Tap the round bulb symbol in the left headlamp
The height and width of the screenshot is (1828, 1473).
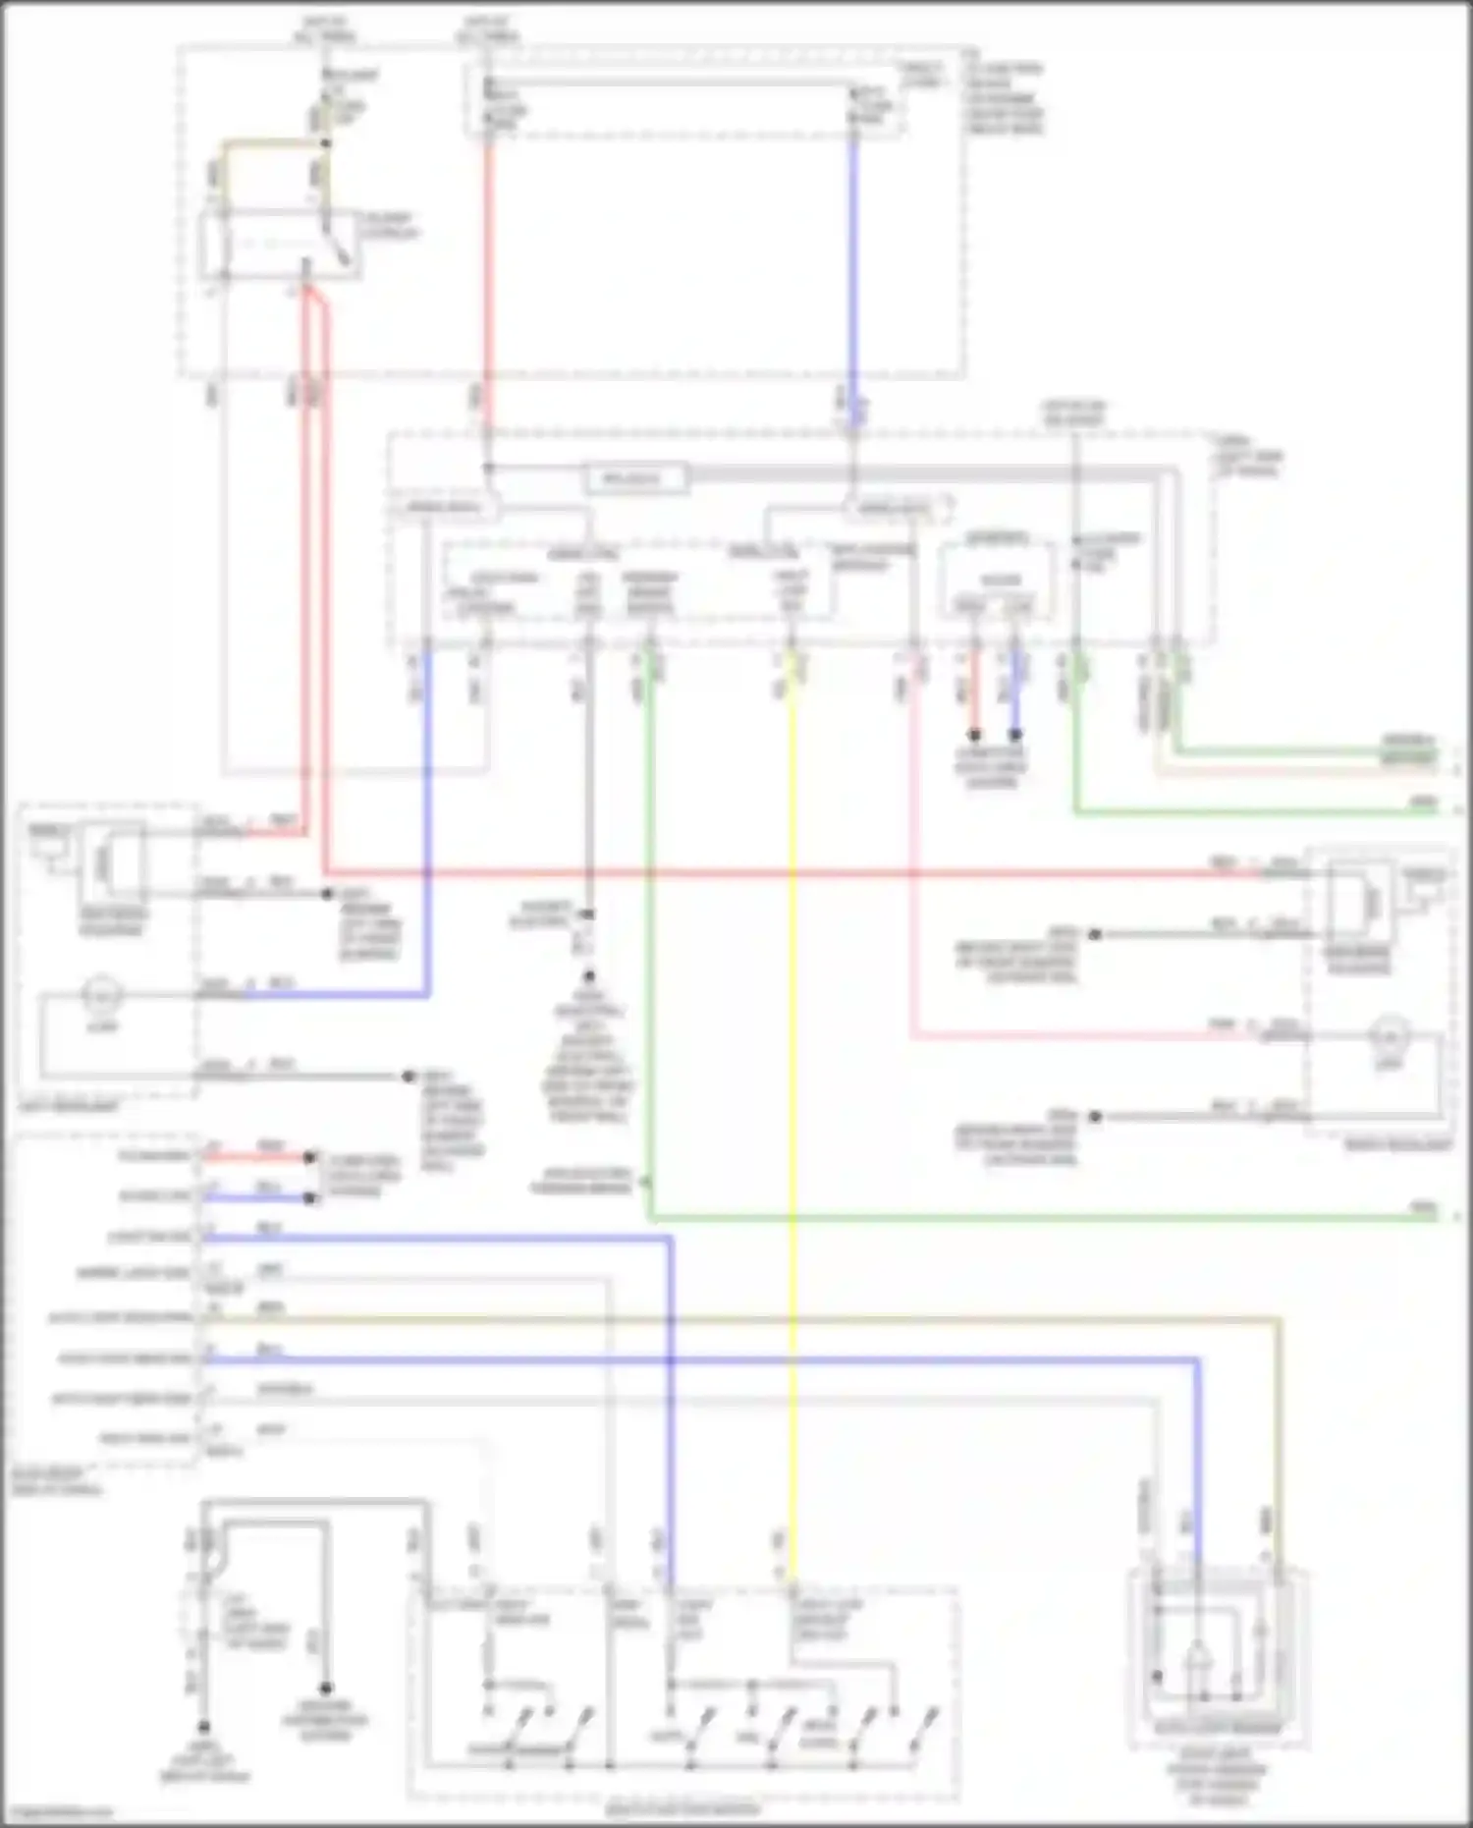tap(101, 995)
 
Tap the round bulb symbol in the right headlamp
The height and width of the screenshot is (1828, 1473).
tap(1390, 1036)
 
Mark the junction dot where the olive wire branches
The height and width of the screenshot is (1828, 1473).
tap(326, 143)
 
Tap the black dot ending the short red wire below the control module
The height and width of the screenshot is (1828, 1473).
tap(974, 734)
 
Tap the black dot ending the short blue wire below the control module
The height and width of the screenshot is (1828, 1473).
tap(1015, 734)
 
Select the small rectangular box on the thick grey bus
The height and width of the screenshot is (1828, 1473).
tap(633, 479)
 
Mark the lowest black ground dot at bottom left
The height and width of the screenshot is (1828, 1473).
tap(204, 1726)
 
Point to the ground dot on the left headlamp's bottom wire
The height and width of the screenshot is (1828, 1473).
tap(409, 1077)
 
